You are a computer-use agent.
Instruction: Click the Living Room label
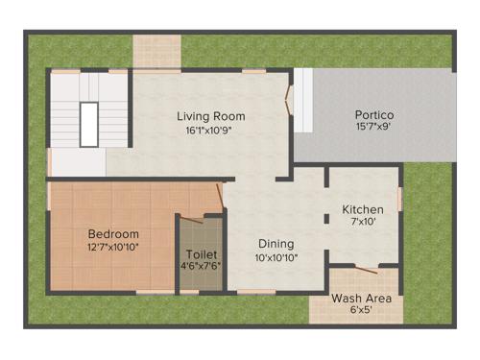(210, 116)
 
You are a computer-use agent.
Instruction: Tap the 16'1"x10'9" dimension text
(210, 131)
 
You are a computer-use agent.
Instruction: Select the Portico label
(374, 115)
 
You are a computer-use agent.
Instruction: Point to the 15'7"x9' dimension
(374, 128)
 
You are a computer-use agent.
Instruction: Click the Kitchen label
(363, 209)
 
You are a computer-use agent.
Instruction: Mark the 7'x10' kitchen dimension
(363, 222)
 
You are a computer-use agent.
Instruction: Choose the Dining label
(275, 244)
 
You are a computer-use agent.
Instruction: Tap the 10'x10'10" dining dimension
(275, 257)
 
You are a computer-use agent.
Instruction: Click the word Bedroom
(113, 233)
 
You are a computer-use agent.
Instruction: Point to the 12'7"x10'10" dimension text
(113, 247)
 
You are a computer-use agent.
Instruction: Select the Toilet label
(202, 255)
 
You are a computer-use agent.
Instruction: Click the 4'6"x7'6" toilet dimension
(202, 268)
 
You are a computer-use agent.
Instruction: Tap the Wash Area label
(359, 298)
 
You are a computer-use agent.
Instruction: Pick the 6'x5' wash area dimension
(359, 310)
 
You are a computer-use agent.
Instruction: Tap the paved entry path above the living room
(156, 52)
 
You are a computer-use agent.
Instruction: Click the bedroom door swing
(207, 198)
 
